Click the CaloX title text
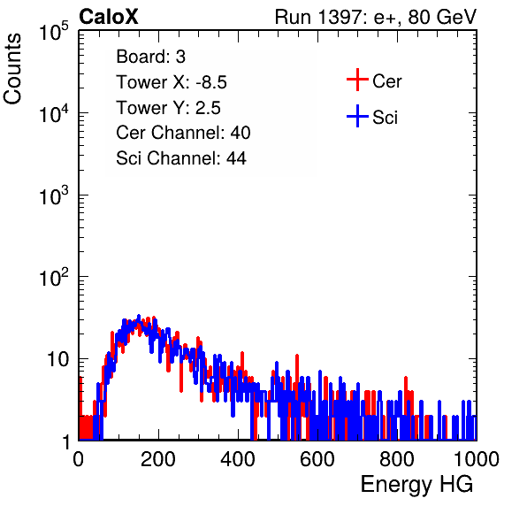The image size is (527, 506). [x=109, y=17]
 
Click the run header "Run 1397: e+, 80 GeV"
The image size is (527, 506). [x=376, y=17]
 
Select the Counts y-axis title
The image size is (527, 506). [x=12, y=69]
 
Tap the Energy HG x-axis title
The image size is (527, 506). [x=416, y=485]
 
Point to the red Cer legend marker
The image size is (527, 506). [x=357, y=80]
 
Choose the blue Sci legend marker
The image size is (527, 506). [x=357, y=116]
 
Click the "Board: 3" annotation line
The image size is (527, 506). [x=151, y=57]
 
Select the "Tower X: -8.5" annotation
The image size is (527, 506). [x=172, y=82]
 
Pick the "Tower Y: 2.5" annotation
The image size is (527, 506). [x=168, y=108]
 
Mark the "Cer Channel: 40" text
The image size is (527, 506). [x=183, y=133]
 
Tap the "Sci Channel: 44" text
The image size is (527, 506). [x=181, y=158]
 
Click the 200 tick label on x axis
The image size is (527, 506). [x=158, y=459]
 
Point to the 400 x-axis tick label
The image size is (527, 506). [x=238, y=459]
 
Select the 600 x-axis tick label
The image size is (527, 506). [x=317, y=459]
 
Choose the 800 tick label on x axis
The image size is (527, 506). [x=397, y=459]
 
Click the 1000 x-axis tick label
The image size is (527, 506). [x=477, y=459]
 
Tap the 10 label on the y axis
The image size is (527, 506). [x=57, y=359]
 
